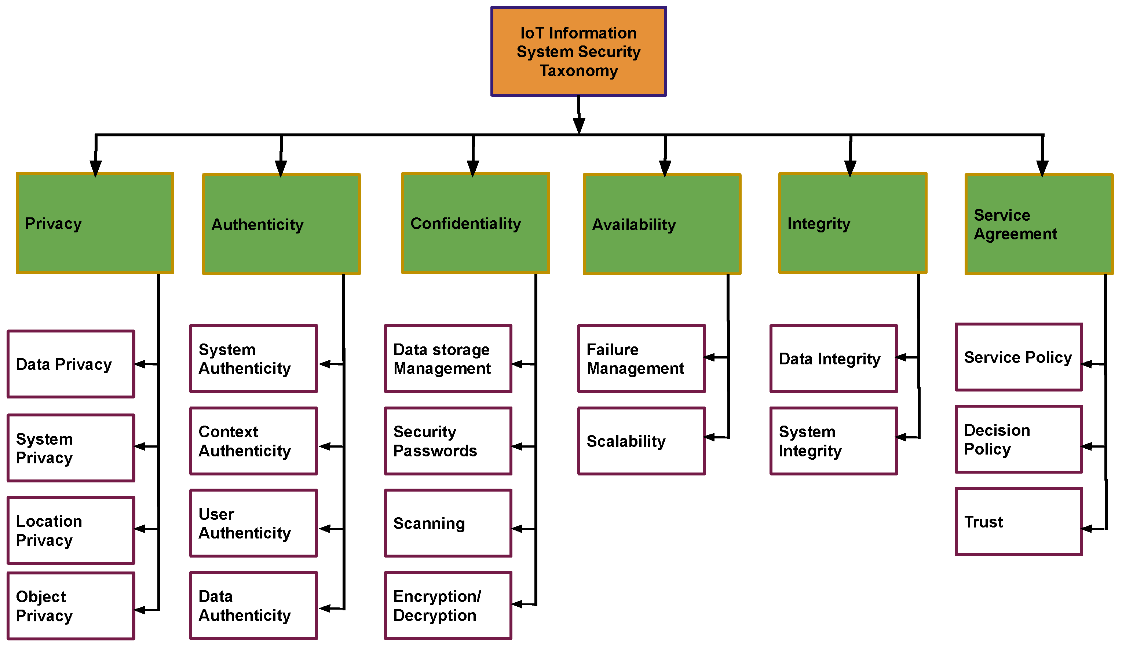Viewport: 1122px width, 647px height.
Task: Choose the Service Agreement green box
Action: click(x=1038, y=224)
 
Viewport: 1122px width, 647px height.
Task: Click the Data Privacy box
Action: click(x=71, y=364)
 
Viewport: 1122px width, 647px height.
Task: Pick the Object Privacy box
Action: click(x=71, y=606)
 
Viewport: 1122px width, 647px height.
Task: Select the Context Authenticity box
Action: click(x=253, y=441)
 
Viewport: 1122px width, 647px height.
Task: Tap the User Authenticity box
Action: click(x=253, y=523)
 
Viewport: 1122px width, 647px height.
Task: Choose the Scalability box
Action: click(x=641, y=441)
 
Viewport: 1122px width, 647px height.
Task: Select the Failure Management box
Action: click(x=641, y=359)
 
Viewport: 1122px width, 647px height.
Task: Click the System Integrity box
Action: click(x=833, y=441)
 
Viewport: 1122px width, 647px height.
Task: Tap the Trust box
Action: click(x=1019, y=522)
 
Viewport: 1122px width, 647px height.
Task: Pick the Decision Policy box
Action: click(x=1019, y=439)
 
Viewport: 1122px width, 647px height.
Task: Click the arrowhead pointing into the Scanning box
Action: click(x=518, y=529)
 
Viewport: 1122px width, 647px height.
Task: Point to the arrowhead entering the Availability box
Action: click(x=665, y=169)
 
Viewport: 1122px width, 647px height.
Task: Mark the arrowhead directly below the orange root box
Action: click(x=579, y=125)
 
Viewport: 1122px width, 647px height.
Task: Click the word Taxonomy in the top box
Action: click(x=578, y=71)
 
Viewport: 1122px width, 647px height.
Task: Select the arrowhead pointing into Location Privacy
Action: click(x=140, y=529)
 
